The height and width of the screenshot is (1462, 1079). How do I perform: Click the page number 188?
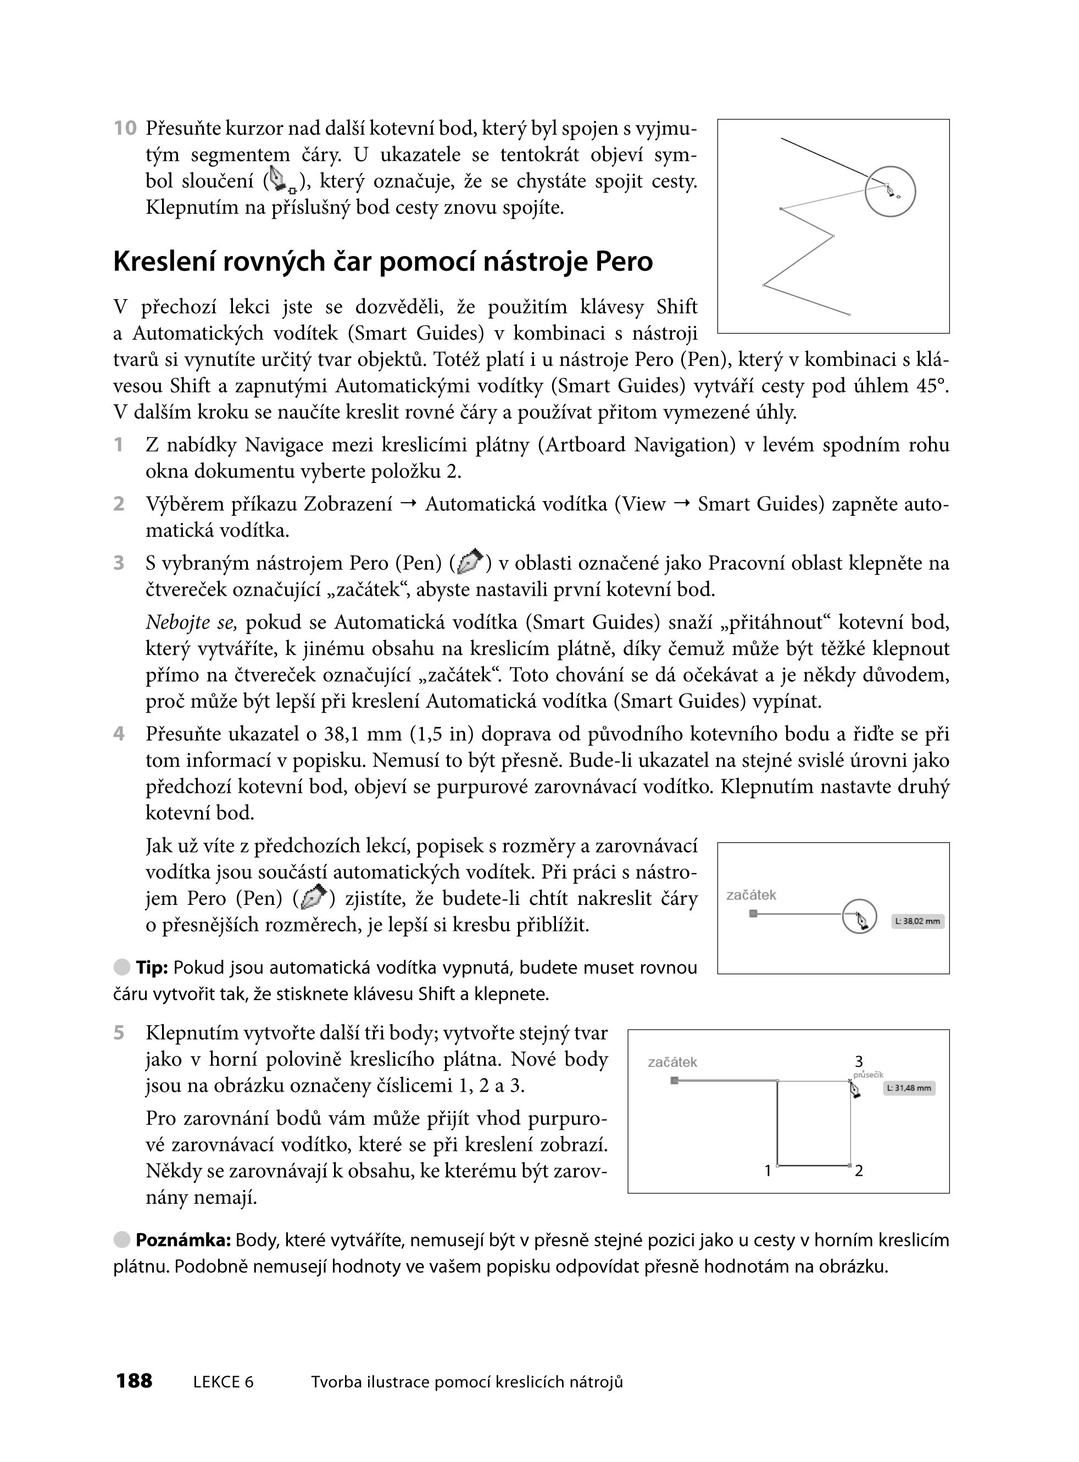coord(134,1381)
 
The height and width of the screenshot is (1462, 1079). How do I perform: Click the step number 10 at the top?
coord(125,128)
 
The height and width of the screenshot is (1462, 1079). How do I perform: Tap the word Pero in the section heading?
coord(624,262)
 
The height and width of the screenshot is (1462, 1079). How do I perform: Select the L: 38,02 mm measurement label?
coord(917,921)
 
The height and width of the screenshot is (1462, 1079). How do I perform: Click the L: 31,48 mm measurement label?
coord(909,1088)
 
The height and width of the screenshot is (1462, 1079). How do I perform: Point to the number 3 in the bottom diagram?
coord(859,1062)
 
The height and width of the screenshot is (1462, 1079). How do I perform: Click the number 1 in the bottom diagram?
coord(768,1171)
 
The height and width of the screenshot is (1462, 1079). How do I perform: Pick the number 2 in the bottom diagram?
coord(859,1171)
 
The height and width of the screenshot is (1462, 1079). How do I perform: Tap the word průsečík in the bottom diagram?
coord(868,1075)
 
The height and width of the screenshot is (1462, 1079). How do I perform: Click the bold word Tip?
coord(152,968)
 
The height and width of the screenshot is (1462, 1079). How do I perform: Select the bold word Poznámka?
coord(183,1241)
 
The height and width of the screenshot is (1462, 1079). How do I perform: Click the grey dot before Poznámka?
coord(121,1240)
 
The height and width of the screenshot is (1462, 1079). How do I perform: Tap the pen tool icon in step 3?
coord(470,562)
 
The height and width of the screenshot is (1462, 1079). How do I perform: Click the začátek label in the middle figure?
coord(751,895)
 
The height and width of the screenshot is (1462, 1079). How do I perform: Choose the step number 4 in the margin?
coord(119,733)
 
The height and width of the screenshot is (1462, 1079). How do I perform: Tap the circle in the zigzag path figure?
coord(890,191)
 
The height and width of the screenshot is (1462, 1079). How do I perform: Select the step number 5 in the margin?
coord(119,1033)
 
